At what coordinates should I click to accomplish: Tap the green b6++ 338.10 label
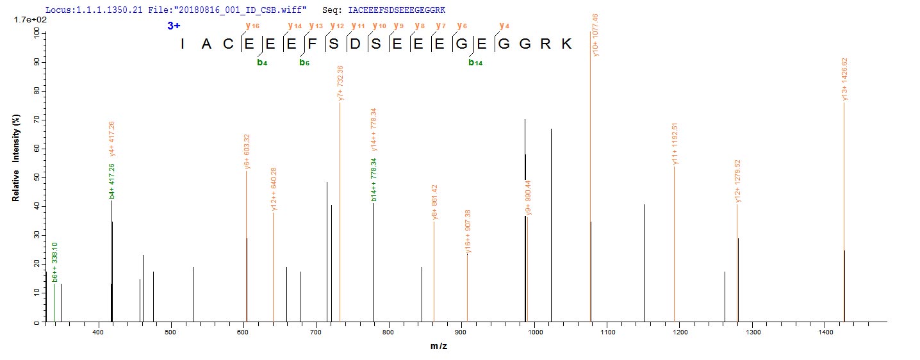coord(56,262)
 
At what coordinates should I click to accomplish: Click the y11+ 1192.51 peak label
coord(675,143)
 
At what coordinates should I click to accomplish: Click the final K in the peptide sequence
coord(568,44)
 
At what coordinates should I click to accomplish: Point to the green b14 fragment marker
coord(475,62)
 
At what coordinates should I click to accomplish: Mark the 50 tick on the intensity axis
coord(37,177)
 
